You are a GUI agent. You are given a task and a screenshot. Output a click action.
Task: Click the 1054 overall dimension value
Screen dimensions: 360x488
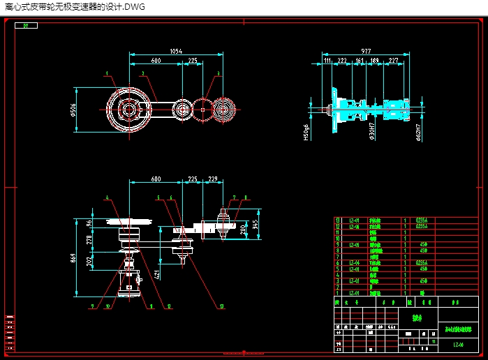175,52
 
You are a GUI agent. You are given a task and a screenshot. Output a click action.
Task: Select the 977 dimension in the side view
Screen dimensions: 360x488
366,52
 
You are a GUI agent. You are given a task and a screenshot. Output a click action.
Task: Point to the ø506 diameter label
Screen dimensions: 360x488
74,110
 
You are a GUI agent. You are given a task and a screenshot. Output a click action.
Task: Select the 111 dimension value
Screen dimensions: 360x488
327,61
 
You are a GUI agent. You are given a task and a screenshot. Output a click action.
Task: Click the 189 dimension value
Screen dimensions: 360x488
374,61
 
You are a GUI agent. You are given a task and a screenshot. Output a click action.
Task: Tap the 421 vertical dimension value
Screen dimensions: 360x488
158,274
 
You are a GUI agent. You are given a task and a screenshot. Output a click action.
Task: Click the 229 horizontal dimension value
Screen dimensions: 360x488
212,179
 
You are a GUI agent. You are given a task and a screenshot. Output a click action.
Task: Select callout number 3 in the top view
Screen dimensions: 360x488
218,73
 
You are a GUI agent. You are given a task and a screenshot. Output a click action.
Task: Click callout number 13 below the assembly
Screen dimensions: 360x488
221,306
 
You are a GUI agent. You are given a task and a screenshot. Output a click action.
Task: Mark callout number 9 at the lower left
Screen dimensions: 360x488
91,306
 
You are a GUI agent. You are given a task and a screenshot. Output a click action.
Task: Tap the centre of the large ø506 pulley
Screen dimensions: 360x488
128,110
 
